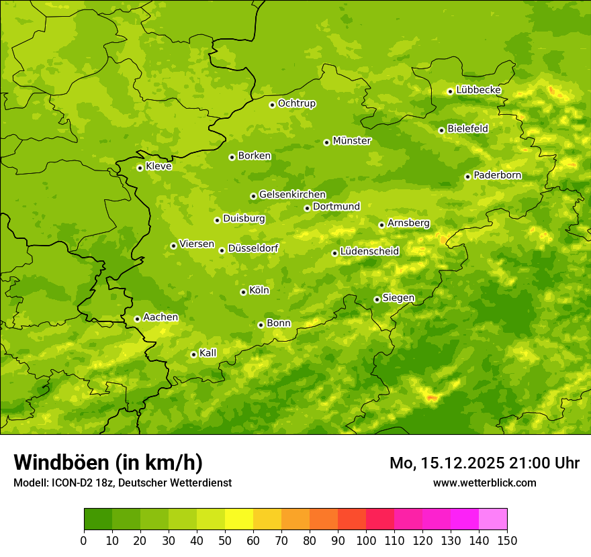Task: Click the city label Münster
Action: pyautogui.click(x=352, y=141)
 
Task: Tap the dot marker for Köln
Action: pyautogui.click(x=243, y=292)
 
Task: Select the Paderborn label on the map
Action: pyautogui.click(x=497, y=175)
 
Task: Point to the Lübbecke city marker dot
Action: pyautogui.click(x=450, y=91)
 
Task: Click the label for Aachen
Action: pyautogui.click(x=161, y=317)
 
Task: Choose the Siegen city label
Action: pyautogui.click(x=398, y=298)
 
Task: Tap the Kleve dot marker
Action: pyautogui.click(x=140, y=168)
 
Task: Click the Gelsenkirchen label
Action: pyautogui.click(x=292, y=195)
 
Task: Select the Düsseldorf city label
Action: pyautogui.click(x=253, y=248)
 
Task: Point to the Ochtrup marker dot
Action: pyautogui.click(x=272, y=105)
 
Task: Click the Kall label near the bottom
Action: pyautogui.click(x=208, y=353)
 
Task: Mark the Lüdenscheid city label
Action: pyautogui.click(x=369, y=252)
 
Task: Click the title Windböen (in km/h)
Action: pyautogui.click(x=108, y=462)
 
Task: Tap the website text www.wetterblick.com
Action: pyautogui.click(x=484, y=483)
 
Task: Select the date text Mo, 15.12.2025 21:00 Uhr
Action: pyautogui.click(x=484, y=463)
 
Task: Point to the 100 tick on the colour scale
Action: pyautogui.click(x=366, y=540)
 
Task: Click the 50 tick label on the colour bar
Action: pyautogui.click(x=225, y=540)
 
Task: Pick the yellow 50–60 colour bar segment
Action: pyautogui.click(x=239, y=519)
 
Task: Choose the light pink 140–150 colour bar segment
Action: pyautogui.click(x=493, y=519)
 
